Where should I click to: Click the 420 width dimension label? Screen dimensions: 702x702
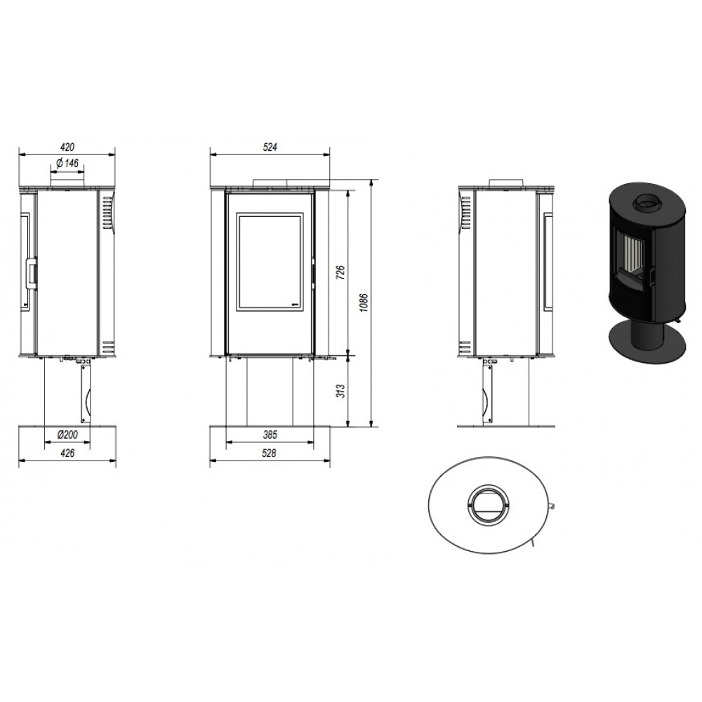[67, 147]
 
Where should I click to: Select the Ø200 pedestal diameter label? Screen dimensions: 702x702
[67, 435]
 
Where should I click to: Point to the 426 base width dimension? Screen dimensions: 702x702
[67, 453]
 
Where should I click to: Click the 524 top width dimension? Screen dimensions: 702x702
[270, 147]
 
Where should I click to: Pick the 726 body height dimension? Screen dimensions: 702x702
[340, 272]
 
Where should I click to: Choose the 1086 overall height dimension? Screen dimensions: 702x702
[364, 303]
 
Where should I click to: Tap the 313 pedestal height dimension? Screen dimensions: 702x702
[340, 391]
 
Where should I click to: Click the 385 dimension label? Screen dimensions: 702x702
[270, 435]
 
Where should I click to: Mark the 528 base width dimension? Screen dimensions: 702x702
[269, 453]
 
